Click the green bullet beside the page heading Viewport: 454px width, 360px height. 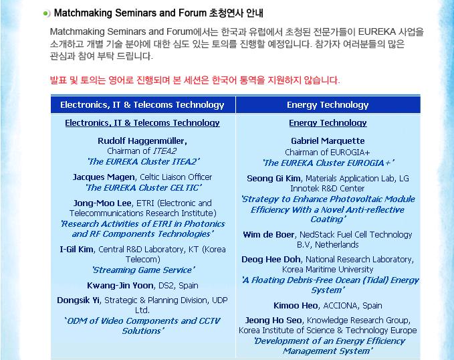pyautogui.click(x=46, y=13)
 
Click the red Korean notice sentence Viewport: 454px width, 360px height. pyautogui.click(x=195, y=80)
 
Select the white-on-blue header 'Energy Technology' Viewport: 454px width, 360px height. pyautogui.click(x=328, y=105)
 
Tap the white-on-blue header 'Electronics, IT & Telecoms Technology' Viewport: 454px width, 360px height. pyautogui.click(x=142, y=104)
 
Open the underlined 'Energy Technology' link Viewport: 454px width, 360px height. pyautogui.click(x=328, y=123)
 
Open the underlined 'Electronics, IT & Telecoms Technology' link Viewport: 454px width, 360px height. pyautogui.click(x=142, y=123)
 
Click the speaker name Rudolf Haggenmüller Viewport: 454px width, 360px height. pyautogui.click(x=142, y=141)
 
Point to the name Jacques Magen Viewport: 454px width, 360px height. pyautogui.click(x=104, y=177)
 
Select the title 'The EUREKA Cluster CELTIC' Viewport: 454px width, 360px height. pyautogui.click(x=144, y=188)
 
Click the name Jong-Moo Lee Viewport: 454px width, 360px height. pyautogui.click(x=103, y=203)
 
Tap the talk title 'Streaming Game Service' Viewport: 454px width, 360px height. pyautogui.click(x=143, y=270)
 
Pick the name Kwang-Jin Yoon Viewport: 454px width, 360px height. pyautogui.click(x=120, y=286)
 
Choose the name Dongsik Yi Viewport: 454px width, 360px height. pyautogui.click(x=78, y=300)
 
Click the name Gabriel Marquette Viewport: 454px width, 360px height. pyautogui.click(x=328, y=141)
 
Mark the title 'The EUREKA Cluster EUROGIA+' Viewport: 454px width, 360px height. pyautogui.click(x=328, y=163)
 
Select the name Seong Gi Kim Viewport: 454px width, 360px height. pyautogui.click(x=273, y=179)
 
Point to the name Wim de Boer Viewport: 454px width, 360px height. pyautogui.click(x=269, y=234)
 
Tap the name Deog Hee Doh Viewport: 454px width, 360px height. pyautogui.click(x=271, y=260)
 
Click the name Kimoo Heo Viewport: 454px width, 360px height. pyautogui.click(x=296, y=306)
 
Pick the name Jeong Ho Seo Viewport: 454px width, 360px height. pyautogui.click(x=273, y=321)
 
